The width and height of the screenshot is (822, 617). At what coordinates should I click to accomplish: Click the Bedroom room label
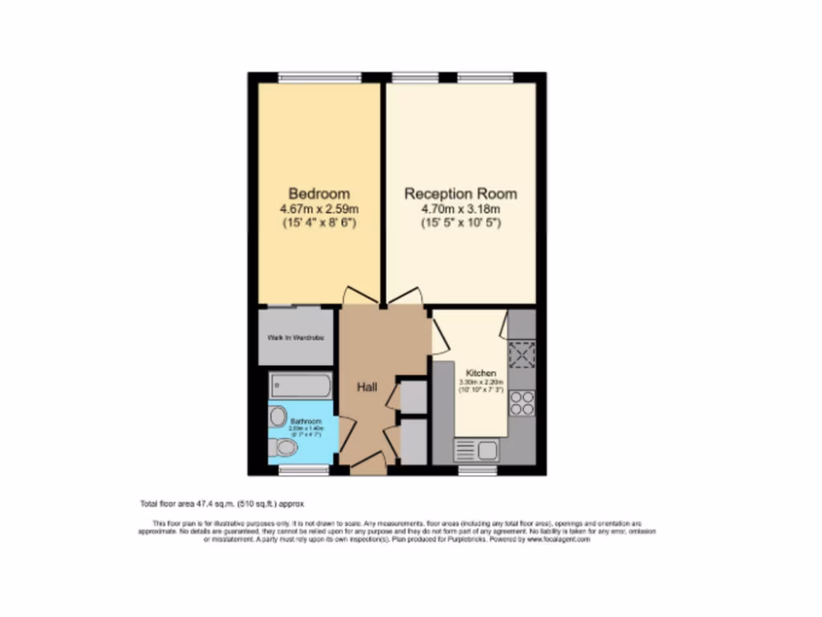click(x=319, y=194)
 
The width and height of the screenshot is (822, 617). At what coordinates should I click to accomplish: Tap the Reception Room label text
click(x=460, y=194)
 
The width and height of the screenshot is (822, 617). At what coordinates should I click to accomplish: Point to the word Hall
click(x=368, y=387)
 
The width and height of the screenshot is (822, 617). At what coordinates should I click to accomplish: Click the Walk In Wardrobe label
click(x=295, y=337)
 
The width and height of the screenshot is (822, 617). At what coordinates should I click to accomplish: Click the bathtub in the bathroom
click(x=299, y=386)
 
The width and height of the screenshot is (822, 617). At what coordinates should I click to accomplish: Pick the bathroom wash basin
click(x=278, y=416)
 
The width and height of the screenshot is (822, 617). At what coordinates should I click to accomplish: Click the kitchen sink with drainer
click(x=477, y=450)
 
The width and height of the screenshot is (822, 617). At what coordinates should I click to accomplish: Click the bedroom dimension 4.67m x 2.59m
click(x=319, y=210)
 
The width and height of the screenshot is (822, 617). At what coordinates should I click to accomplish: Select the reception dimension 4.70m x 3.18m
click(x=460, y=210)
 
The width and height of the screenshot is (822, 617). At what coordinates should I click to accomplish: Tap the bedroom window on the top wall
click(x=319, y=77)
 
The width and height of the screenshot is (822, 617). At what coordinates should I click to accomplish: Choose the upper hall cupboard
click(x=413, y=397)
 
